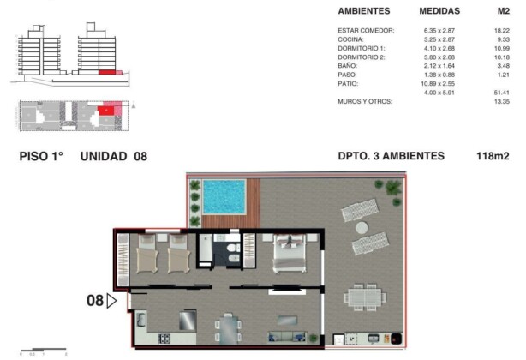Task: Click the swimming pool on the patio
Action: click(x=224, y=196)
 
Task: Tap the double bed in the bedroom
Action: click(x=290, y=254)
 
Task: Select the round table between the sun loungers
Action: click(x=362, y=228)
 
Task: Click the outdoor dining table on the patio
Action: click(x=365, y=297)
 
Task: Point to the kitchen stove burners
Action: click(x=164, y=339)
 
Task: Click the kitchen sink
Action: click(x=141, y=320)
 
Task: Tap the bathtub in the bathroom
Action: click(x=206, y=249)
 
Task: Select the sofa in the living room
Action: click(x=287, y=337)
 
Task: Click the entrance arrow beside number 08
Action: click(x=111, y=301)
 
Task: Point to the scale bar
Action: click(x=44, y=350)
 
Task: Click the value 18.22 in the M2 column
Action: click(x=501, y=31)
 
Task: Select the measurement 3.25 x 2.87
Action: click(x=439, y=39)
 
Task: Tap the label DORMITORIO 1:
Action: click(x=362, y=48)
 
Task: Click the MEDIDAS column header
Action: click(x=439, y=11)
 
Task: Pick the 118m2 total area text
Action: click(x=493, y=156)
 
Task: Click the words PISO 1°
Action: click(x=41, y=156)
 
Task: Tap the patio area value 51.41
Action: click(x=501, y=93)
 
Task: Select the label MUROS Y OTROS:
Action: click(x=365, y=102)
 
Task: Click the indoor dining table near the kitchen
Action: click(x=229, y=329)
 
